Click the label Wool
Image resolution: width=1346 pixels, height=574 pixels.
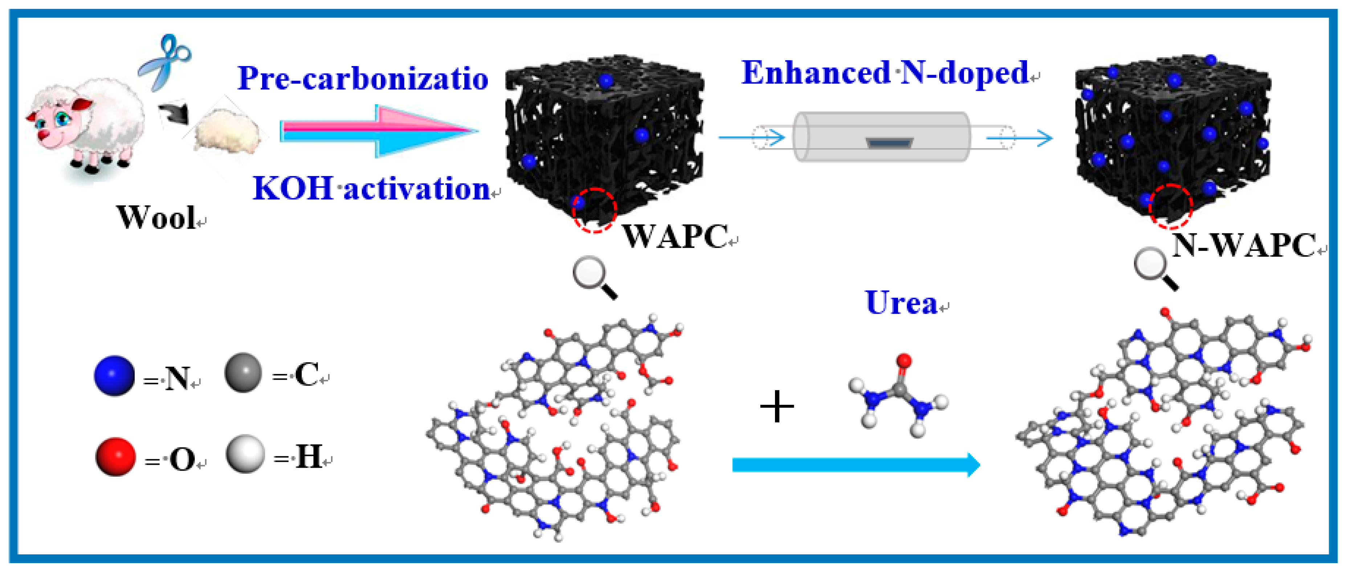point(156,217)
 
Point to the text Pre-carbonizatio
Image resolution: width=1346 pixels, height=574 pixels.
point(363,78)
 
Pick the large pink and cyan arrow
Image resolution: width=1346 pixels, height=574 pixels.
point(379,131)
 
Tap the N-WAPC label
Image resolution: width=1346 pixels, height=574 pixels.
point(1244,245)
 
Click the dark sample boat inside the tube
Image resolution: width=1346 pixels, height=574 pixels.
point(889,142)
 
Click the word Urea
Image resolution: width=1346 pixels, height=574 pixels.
point(901,303)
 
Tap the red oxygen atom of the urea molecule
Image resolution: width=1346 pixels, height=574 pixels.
point(904,361)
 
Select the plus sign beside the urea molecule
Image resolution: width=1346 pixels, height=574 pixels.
point(777,407)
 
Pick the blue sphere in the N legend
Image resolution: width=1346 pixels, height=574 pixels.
point(114,375)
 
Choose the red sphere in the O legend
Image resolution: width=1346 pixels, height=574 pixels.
point(115,456)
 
